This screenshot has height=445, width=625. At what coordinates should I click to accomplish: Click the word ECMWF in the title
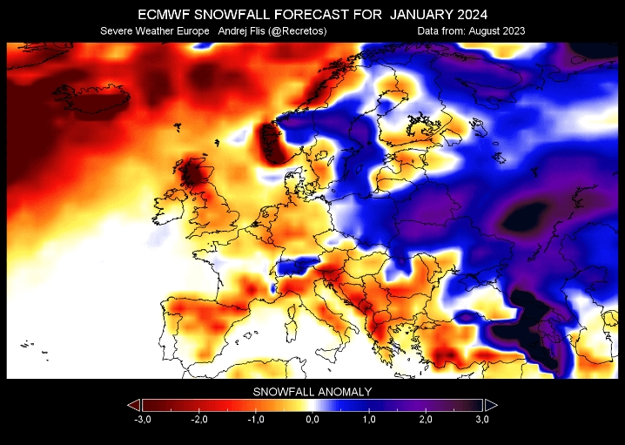click(x=164, y=15)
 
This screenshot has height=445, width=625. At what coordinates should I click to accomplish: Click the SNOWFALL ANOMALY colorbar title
click(x=312, y=392)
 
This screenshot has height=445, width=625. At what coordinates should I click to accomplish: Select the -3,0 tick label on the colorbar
click(x=143, y=420)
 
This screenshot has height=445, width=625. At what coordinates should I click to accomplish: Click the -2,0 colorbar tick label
click(x=199, y=420)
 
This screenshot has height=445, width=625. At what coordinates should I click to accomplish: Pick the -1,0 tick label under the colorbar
click(x=256, y=420)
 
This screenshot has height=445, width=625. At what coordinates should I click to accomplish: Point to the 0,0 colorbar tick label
click(x=312, y=420)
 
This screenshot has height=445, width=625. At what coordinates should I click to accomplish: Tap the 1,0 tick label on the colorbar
click(x=369, y=420)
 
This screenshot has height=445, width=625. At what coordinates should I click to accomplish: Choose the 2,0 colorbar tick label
click(x=426, y=420)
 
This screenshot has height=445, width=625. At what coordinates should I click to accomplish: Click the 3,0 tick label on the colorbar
click(x=481, y=420)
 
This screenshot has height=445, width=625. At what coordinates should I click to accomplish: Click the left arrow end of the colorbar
click(x=133, y=405)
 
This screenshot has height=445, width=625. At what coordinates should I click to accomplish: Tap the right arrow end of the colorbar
click(x=491, y=405)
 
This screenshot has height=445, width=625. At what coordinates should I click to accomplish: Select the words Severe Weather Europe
click(x=155, y=31)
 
